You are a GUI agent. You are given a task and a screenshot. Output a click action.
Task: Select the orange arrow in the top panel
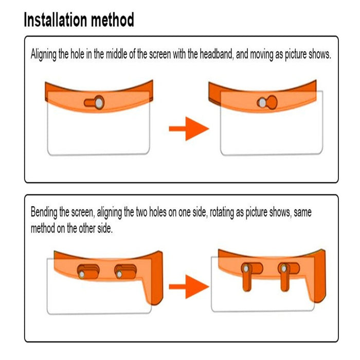coord(189,129)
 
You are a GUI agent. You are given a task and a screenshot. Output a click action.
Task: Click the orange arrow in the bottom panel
coord(189,286)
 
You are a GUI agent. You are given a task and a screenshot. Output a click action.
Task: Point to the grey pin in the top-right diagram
coord(263,103)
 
